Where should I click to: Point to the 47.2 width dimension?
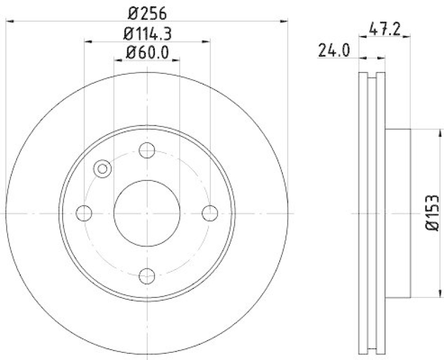pyautogui.click(x=382, y=27)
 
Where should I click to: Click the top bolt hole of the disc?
pyautogui.click(x=147, y=150)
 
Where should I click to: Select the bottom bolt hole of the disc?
pyautogui.click(x=147, y=275)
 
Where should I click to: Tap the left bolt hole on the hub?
pyautogui.click(x=84, y=212)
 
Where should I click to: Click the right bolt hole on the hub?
pyautogui.click(x=210, y=212)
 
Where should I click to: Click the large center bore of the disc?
pyautogui.click(x=147, y=212)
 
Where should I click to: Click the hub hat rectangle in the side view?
pyautogui.click(x=398, y=212)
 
